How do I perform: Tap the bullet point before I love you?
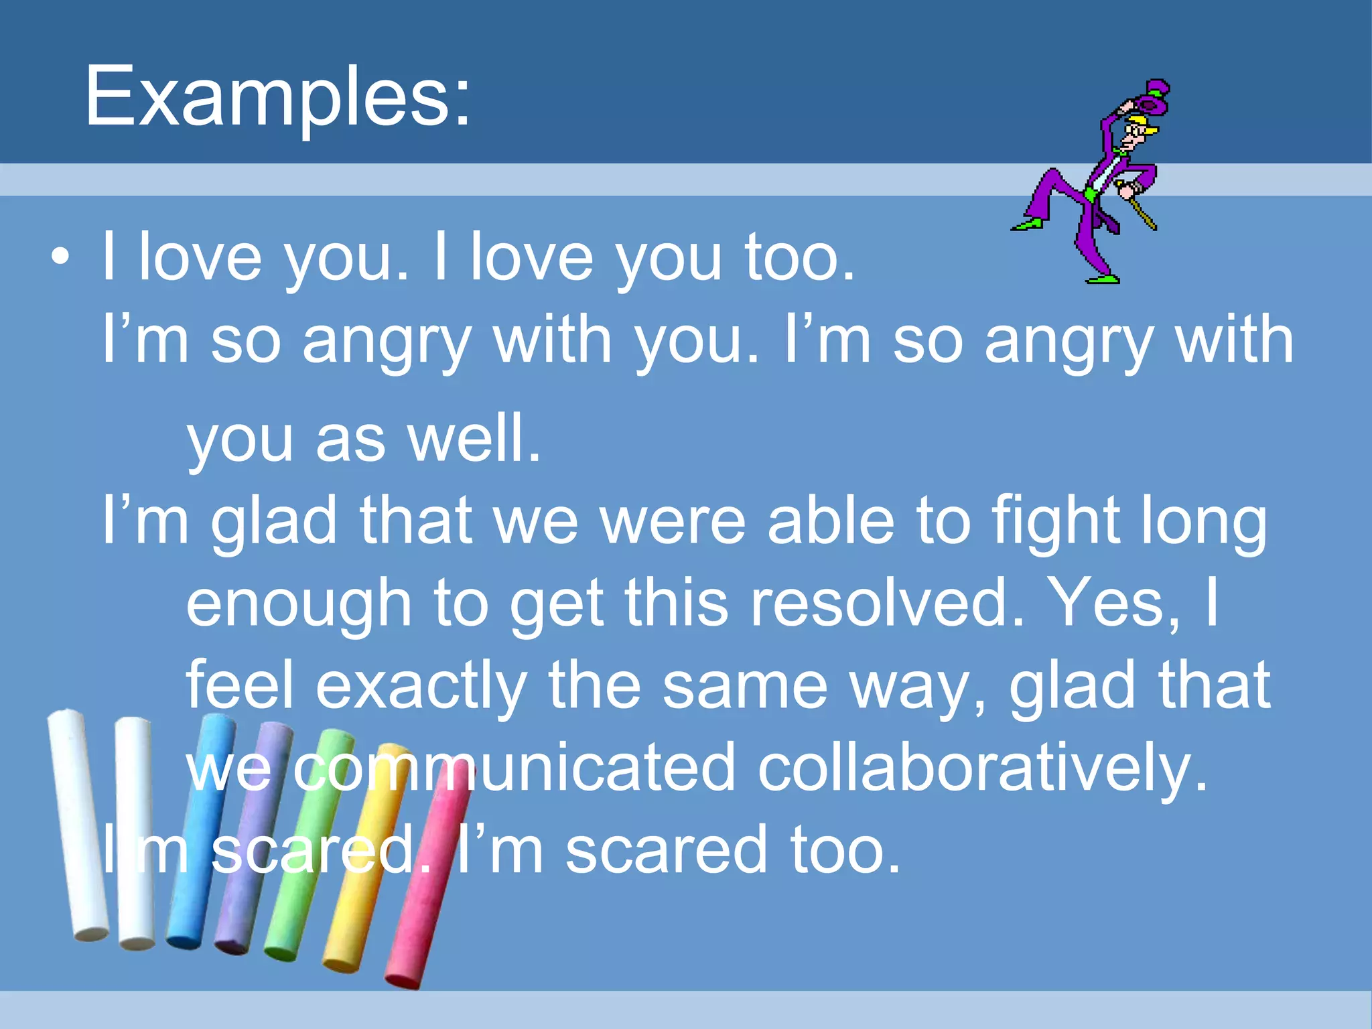[x=60, y=257]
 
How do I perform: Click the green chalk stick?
[x=305, y=851]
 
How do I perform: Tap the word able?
[x=831, y=521]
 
